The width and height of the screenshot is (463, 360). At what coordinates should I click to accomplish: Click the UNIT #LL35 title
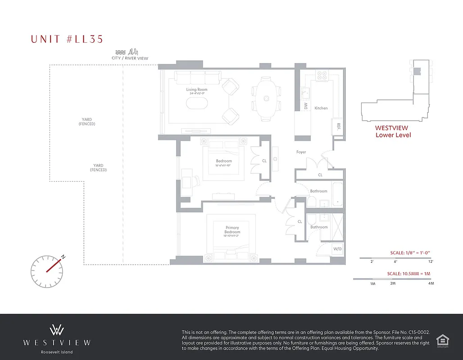pos(67,39)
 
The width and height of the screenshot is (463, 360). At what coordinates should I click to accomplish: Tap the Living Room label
pos(197,90)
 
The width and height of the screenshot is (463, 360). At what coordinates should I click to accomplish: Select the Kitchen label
pos(321,108)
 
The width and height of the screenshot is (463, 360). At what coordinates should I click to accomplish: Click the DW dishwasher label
pos(306,106)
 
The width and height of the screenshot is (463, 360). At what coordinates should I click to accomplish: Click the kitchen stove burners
pos(322,76)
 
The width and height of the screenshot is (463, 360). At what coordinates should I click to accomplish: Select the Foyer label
pos(301,152)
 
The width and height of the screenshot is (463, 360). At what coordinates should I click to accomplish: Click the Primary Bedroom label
pos(233,230)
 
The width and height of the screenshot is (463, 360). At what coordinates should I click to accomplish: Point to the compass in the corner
pos(47,271)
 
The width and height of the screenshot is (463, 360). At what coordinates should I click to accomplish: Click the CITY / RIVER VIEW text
pos(130,58)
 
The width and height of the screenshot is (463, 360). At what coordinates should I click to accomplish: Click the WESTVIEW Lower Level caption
pos(393,131)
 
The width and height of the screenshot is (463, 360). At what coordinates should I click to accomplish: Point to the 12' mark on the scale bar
pos(431,261)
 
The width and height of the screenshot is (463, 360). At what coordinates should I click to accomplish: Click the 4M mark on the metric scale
pos(431,283)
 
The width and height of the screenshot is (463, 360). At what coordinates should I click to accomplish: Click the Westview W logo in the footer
pos(57,329)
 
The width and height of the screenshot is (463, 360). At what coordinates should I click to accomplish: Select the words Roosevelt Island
pos(57,352)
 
